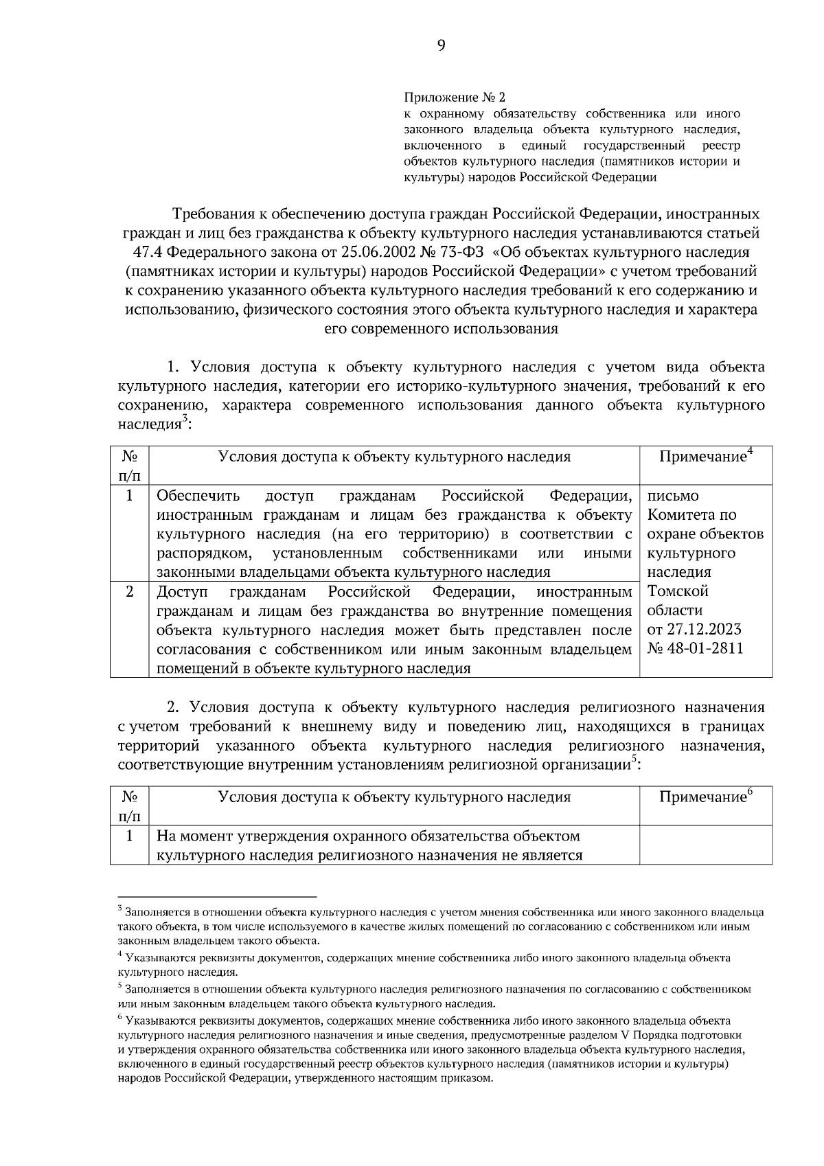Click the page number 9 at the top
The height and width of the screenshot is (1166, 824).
click(x=441, y=45)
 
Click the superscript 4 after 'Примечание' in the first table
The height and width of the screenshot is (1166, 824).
click(x=751, y=451)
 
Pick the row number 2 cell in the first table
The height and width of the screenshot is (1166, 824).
click(x=129, y=591)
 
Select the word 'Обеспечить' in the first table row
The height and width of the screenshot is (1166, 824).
click(x=198, y=496)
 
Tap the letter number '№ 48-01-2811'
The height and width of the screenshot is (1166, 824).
click(x=695, y=649)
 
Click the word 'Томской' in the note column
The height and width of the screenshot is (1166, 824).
click(x=677, y=591)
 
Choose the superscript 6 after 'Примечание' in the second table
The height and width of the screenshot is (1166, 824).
click(x=751, y=791)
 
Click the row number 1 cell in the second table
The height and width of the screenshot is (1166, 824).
click(x=129, y=836)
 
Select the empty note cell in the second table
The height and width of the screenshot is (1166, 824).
click(x=705, y=845)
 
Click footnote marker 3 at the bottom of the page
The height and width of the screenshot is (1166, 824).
click(x=120, y=909)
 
